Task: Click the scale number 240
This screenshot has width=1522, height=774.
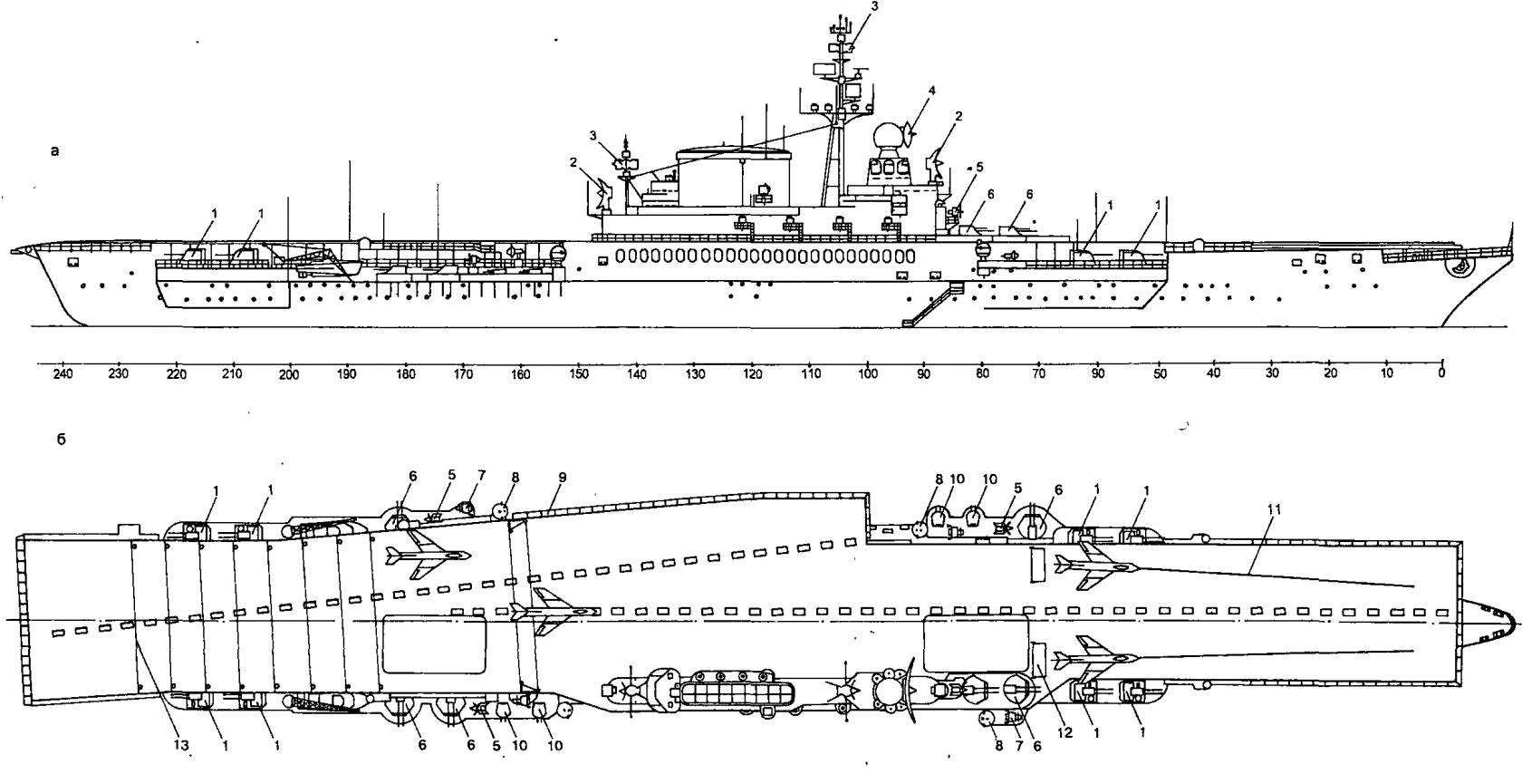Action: [x=63, y=373]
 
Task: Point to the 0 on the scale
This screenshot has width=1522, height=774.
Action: [x=1441, y=372]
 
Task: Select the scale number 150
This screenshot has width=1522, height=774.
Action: [x=578, y=373]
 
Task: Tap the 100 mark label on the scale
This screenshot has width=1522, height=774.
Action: [x=867, y=373]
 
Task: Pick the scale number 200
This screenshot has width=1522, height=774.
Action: [x=289, y=374]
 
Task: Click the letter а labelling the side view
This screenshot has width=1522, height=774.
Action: [x=55, y=150]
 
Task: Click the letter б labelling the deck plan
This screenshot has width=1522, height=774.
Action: [x=62, y=440]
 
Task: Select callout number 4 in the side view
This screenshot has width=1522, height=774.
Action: [x=932, y=90]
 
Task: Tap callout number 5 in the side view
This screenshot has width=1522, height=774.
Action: [x=979, y=167]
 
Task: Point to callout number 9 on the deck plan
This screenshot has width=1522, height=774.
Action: [x=562, y=478]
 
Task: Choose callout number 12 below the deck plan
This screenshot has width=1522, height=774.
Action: [x=1064, y=732]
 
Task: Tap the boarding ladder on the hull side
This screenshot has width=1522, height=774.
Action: [x=933, y=304]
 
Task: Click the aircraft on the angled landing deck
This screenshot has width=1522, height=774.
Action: [x=428, y=555]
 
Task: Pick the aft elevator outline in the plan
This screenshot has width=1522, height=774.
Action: [x=434, y=644]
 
